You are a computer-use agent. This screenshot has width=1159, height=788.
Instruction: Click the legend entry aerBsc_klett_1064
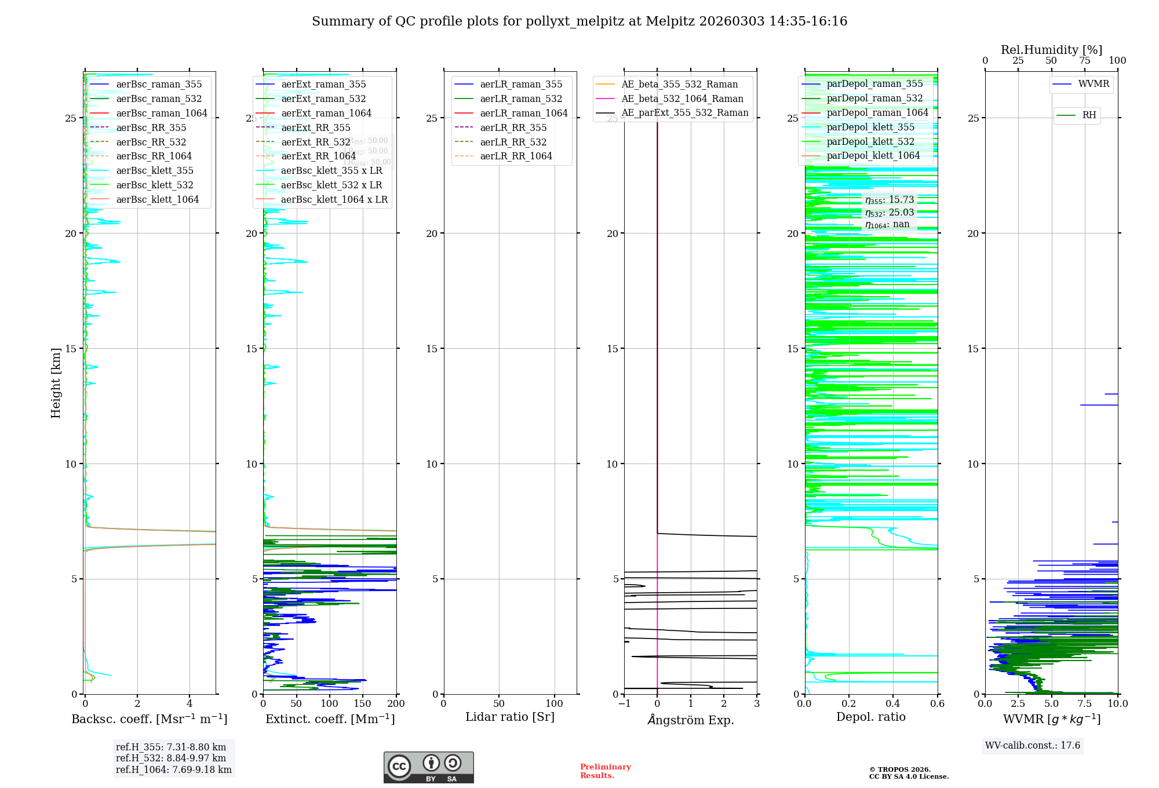tap(157, 199)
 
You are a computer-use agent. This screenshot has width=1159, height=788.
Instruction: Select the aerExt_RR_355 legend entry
tap(316, 127)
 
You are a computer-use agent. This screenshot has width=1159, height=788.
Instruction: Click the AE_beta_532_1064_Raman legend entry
tap(682, 99)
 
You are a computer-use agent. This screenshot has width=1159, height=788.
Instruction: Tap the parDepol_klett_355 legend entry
tap(870, 127)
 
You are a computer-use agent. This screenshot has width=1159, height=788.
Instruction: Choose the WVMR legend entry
tap(1094, 84)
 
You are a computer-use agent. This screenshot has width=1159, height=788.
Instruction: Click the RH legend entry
tap(1089, 115)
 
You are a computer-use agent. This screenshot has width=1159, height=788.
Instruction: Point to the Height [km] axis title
tap(56, 383)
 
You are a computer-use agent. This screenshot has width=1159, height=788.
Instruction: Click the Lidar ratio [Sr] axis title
tap(510, 717)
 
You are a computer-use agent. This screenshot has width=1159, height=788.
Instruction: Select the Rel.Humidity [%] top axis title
tap(1051, 50)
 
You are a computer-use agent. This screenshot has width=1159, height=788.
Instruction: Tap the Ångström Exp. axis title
tap(690, 720)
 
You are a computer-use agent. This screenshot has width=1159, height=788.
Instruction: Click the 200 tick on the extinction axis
tap(396, 703)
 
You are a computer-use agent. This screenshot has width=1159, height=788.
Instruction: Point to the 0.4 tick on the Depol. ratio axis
tap(893, 703)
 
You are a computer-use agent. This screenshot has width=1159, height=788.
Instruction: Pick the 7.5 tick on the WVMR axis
tap(1085, 703)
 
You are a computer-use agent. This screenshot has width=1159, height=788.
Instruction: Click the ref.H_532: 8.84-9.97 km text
tap(171, 758)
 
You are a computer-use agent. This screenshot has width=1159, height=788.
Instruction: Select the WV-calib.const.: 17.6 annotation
tap(1033, 745)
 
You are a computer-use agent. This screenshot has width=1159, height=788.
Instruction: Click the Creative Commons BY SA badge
tap(428, 767)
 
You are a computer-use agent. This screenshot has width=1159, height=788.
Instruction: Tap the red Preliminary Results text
tap(605, 771)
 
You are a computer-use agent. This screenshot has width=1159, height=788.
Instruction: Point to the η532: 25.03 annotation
tap(890, 212)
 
